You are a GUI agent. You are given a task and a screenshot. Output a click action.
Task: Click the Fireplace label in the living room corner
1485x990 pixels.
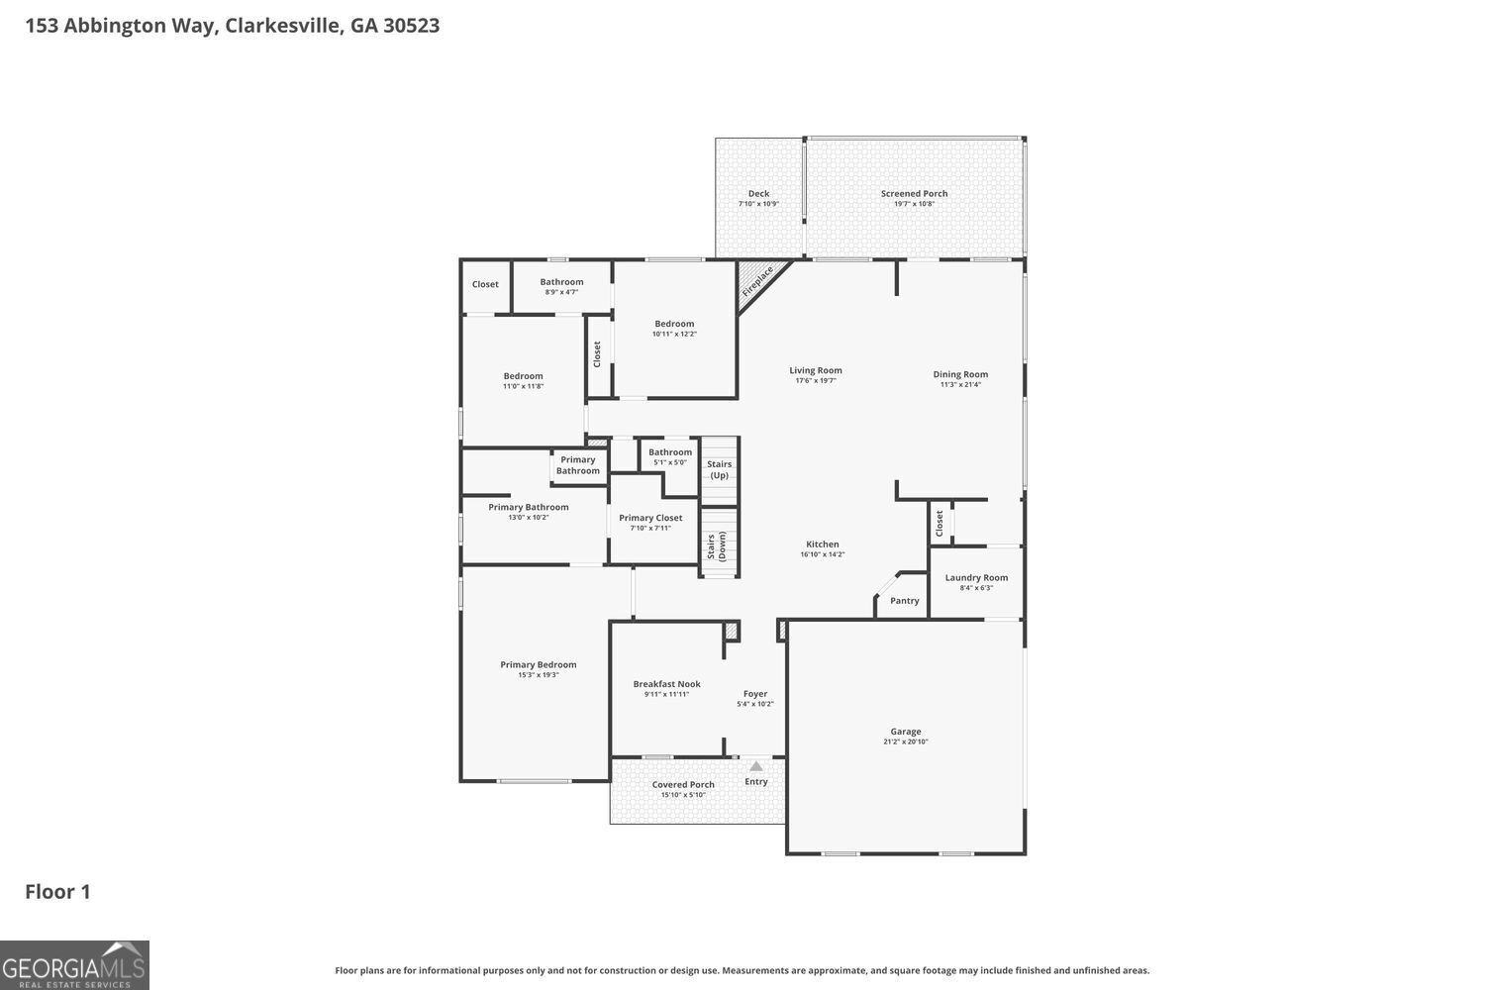[x=757, y=281]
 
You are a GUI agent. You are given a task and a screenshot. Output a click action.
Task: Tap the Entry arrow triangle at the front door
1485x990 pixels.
[x=756, y=765]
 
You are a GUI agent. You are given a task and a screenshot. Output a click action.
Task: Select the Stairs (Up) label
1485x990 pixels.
[x=720, y=469]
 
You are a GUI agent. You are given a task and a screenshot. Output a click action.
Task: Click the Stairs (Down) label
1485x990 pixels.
[x=717, y=546]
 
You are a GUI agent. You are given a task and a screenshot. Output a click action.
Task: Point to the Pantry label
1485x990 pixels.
[x=904, y=601]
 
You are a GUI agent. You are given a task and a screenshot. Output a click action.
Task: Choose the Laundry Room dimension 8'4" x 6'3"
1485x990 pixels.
[x=976, y=588]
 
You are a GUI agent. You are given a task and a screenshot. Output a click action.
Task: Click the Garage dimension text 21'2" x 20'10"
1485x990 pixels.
[x=906, y=742]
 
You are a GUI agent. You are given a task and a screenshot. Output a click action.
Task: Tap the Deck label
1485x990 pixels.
[x=758, y=194]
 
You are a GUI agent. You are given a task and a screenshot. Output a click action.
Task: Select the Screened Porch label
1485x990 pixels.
[x=914, y=194]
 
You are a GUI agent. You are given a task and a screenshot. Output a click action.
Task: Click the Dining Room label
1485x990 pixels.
[x=960, y=374]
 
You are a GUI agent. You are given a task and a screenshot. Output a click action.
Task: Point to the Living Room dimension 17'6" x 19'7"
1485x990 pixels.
[x=816, y=381]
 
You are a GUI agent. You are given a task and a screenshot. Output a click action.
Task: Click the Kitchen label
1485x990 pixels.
[x=822, y=544]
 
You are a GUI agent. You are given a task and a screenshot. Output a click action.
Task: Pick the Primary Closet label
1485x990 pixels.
[x=650, y=518]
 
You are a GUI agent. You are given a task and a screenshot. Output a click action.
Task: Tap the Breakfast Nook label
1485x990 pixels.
[x=666, y=684]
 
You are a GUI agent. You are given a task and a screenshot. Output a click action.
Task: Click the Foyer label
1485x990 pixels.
[x=755, y=694]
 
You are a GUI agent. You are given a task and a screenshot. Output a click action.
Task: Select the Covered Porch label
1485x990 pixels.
[x=683, y=784]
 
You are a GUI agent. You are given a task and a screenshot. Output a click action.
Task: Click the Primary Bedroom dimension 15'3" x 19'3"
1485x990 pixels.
[x=539, y=675]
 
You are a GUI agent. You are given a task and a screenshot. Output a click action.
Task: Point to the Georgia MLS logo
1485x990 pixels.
[x=74, y=965]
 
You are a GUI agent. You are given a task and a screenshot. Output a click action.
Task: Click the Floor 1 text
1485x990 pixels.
[x=57, y=892]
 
